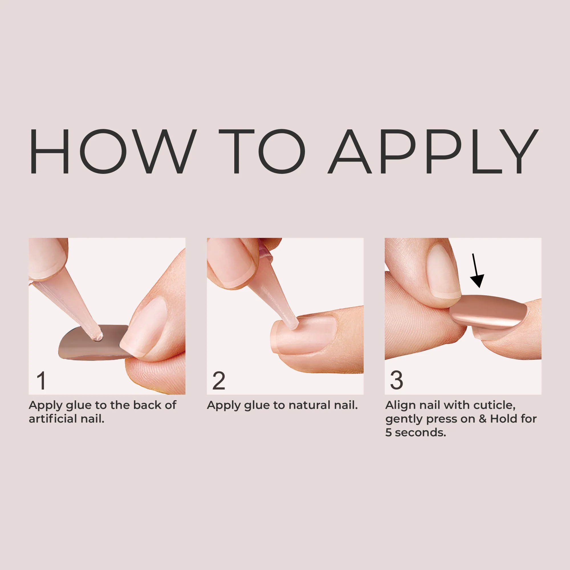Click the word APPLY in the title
pos(433,151)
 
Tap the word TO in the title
pos(262,151)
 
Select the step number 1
pos(42,380)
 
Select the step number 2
pos(219,380)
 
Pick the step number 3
pos(396,380)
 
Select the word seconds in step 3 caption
pos(420,433)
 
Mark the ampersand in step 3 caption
pos(483,419)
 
